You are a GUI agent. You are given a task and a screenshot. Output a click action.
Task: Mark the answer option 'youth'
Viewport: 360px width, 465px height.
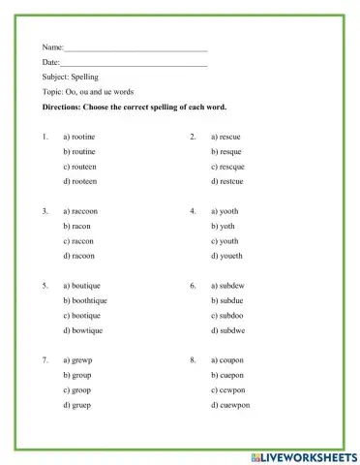pos(225,241)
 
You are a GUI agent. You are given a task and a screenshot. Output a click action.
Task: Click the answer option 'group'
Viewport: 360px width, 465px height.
pos(77,375)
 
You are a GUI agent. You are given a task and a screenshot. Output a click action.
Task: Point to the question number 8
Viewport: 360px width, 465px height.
pos(193,359)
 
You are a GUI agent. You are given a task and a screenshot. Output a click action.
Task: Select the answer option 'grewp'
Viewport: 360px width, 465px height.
pos(78,359)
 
